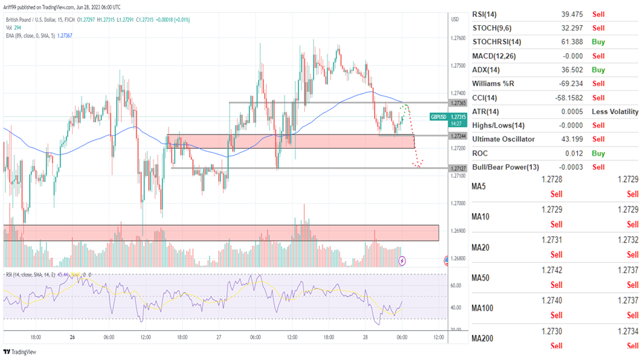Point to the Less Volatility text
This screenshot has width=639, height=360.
(x=615, y=111)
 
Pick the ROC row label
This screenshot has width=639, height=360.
(x=482, y=154)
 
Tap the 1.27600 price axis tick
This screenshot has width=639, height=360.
(x=458, y=38)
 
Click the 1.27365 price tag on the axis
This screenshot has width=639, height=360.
(x=458, y=103)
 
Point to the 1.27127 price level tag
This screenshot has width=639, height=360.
(x=458, y=168)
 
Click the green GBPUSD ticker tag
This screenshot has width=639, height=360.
(x=439, y=118)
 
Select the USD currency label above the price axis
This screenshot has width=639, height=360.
(x=455, y=19)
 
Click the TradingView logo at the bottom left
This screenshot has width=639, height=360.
(x=20, y=352)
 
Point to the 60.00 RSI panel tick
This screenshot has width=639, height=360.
(x=456, y=286)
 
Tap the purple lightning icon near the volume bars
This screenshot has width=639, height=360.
(x=402, y=260)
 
